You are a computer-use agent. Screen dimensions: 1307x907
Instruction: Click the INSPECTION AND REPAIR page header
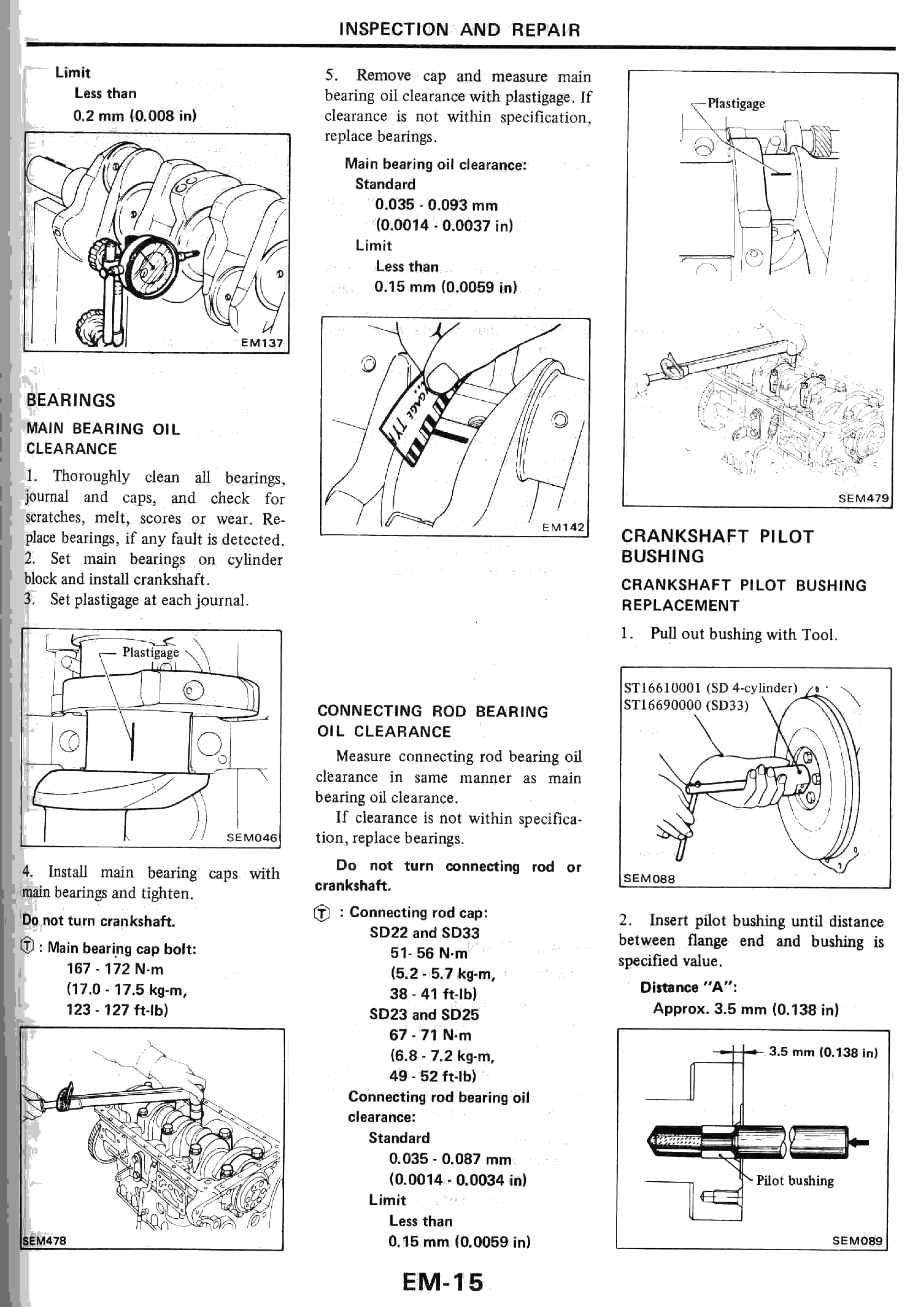pos(459,30)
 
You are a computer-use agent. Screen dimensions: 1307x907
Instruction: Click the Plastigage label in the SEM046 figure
pos(151,652)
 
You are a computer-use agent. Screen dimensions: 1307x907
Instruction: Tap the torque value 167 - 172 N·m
pos(115,969)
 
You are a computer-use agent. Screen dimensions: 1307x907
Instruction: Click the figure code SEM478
pos(44,1240)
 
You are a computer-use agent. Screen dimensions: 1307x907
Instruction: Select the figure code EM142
pos(563,527)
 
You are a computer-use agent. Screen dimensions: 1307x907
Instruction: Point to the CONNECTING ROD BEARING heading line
pos(432,711)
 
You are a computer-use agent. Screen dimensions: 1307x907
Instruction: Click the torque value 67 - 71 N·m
pos(430,1035)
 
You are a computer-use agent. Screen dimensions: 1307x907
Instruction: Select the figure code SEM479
pos(863,498)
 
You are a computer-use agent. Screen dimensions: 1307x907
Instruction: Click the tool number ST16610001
pos(663,687)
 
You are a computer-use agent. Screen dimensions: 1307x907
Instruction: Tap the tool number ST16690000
pos(663,705)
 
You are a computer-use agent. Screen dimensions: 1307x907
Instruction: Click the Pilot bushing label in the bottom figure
pos(794,1180)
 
